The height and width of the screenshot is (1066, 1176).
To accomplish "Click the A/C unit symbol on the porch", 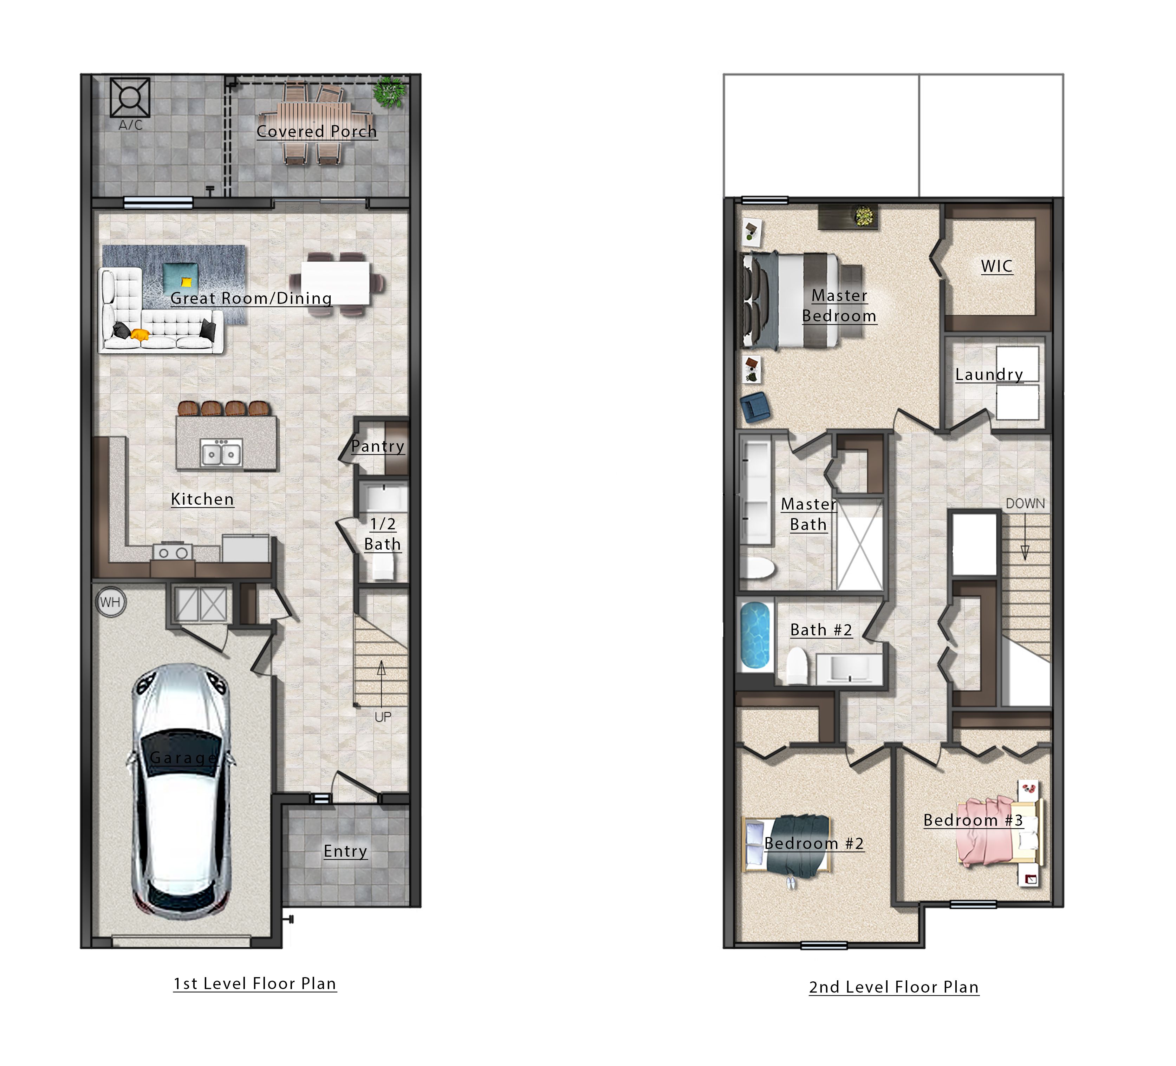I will pos(130,97).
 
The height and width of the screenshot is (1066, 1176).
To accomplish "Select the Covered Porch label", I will pos(317,131).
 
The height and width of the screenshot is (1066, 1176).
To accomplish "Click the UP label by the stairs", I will pos(383,717).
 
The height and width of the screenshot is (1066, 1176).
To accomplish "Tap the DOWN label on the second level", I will pos(1025,503).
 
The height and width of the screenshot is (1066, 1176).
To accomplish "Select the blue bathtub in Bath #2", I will pos(755,635).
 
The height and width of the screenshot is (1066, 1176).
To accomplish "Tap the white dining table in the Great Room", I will pos(336,282).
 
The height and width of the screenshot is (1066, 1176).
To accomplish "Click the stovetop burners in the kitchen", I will pos(173,552).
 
